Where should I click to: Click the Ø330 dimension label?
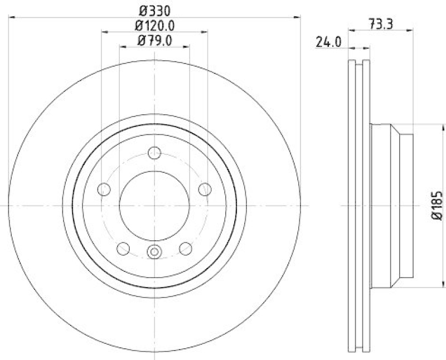154,9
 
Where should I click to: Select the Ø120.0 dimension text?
154,25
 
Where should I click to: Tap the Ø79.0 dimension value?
154,40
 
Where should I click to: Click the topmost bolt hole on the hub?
155,153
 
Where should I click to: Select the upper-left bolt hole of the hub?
104,189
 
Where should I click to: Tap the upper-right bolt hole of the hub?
205,189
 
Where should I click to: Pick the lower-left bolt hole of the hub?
124,249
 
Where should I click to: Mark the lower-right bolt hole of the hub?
186,249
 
